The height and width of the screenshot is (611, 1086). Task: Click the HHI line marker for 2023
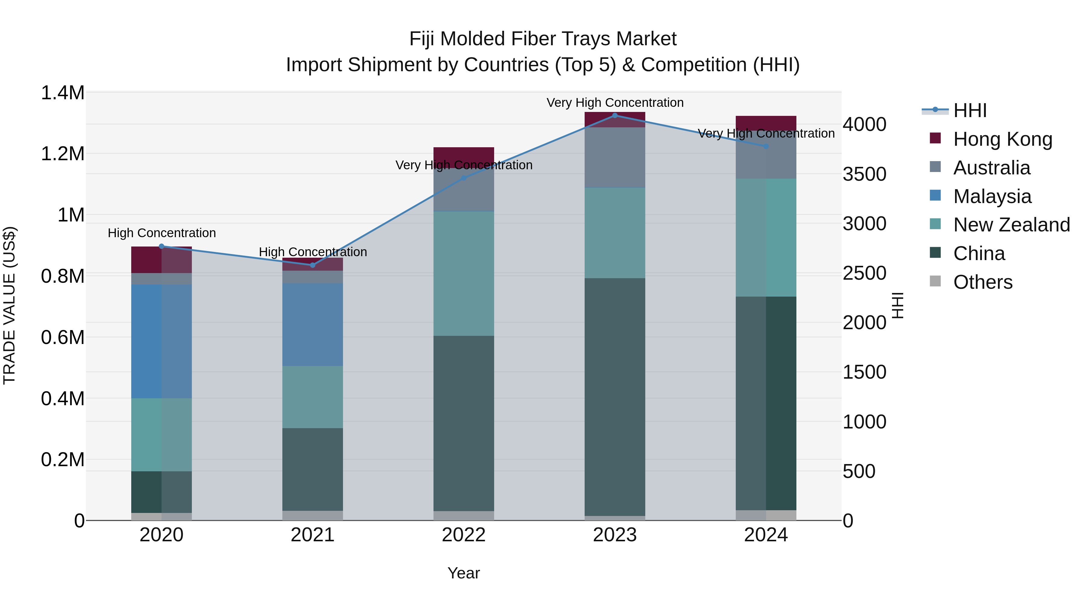(x=615, y=115)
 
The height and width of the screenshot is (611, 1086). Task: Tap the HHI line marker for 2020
(x=161, y=246)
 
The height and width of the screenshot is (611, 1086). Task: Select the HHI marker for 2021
(x=313, y=265)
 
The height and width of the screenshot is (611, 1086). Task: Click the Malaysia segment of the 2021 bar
(x=313, y=324)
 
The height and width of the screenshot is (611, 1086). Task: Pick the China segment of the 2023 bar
(x=615, y=396)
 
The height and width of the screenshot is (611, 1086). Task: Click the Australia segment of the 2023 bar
(x=615, y=157)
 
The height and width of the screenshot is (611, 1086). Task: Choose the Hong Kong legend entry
(x=1002, y=139)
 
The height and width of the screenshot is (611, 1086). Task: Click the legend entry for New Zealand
(x=1011, y=225)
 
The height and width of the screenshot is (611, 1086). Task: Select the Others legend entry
(x=982, y=282)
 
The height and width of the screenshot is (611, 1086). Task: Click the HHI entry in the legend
(x=970, y=110)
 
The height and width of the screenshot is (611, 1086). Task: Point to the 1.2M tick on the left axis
(x=63, y=154)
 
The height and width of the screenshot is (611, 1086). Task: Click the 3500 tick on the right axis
(x=864, y=174)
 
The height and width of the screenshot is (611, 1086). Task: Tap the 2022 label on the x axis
(x=464, y=535)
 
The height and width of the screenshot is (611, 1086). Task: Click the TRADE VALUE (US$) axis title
(x=9, y=305)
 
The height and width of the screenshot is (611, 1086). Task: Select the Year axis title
(x=464, y=573)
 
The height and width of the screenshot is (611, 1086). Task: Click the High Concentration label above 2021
(x=313, y=252)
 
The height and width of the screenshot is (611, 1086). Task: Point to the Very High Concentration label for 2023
(x=615, y=103)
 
